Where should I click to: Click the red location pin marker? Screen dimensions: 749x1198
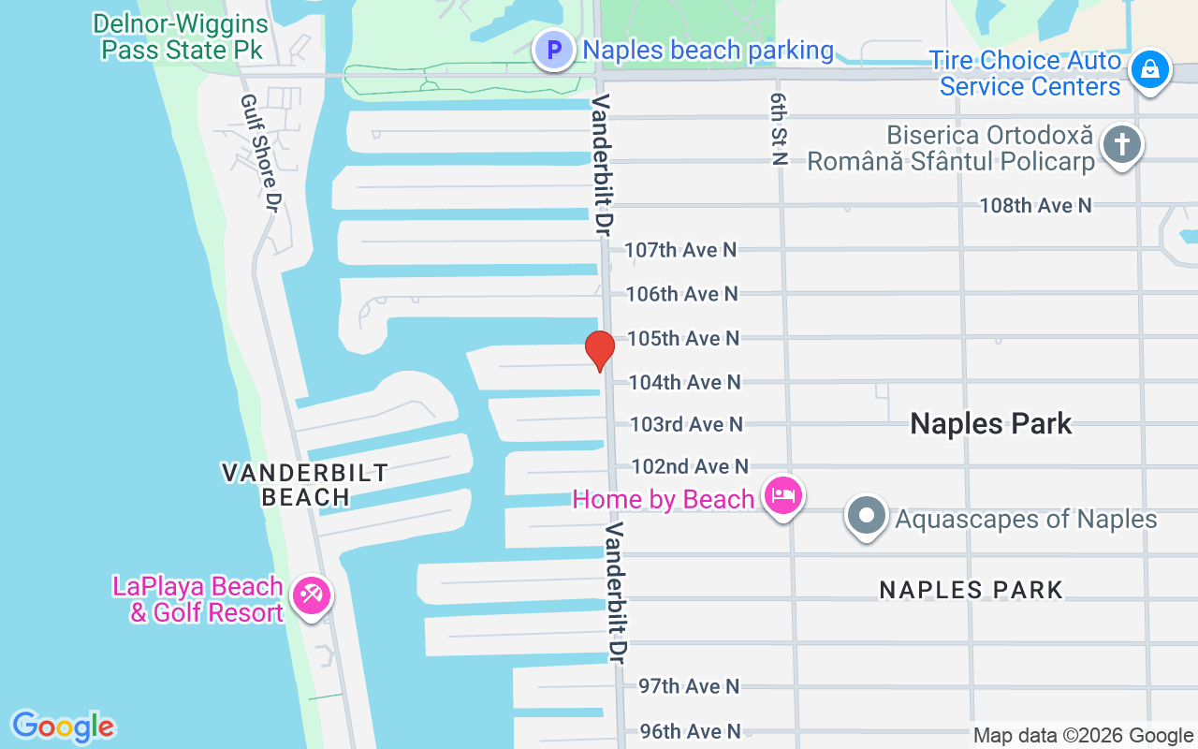[599, 350]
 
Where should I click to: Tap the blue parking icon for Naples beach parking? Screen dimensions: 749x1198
[554, 50]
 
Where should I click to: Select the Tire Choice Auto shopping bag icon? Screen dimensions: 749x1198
[1148, 71]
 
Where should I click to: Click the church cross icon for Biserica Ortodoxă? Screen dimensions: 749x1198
[1121, 145]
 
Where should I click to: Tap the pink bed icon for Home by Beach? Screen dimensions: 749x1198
[782, 496]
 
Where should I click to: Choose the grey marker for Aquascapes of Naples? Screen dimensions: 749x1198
[867, 516]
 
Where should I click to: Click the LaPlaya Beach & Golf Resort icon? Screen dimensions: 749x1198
[310, 595]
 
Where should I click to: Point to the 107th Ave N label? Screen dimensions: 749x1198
[680, 250]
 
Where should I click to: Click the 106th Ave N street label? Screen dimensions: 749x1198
[682, 294]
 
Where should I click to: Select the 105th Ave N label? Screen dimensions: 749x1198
[683, 338]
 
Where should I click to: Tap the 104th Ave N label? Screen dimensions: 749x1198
[684, 382]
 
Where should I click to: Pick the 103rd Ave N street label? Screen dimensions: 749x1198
[686, 424]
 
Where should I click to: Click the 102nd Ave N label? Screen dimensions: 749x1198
[690, 466]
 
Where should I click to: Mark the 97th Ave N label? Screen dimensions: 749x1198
[689, 686]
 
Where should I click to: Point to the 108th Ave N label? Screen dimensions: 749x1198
[1035, 205]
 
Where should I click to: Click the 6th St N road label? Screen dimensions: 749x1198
[778, 129]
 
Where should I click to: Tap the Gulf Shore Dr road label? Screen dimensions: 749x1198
[260, 153]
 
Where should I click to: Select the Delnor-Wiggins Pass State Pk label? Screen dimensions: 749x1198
[182, 37]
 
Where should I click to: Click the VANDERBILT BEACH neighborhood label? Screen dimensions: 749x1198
[305, 484]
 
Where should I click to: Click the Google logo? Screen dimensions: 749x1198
[63, 727]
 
